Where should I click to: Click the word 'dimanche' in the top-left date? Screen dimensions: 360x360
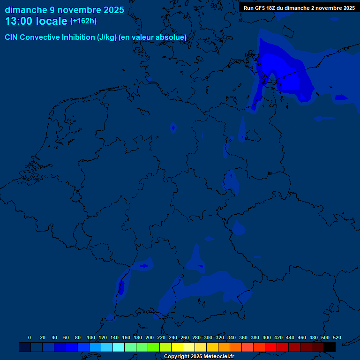(x=26, y=10)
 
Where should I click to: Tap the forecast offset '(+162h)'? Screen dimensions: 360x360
(x=83, y=21)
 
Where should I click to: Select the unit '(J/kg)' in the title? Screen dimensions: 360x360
(x=107, y=37)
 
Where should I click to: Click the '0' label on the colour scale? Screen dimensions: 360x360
(x=30, y=338)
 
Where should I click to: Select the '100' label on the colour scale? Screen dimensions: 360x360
(x=91, y=338)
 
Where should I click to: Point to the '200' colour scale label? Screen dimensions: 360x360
(x=150, y=338)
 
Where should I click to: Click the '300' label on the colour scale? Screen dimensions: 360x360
(x=208, y=338)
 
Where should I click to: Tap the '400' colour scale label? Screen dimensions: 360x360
(x=267, y=338)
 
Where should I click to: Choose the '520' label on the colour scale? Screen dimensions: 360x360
(x=337, y=338)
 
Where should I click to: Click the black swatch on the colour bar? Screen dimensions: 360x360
(x=330, y=347)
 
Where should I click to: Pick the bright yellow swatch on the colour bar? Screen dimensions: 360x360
(x=177, y=347)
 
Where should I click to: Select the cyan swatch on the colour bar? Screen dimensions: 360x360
(x=119, y=347)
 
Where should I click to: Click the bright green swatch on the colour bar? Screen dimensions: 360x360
(x=154, y=347)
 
